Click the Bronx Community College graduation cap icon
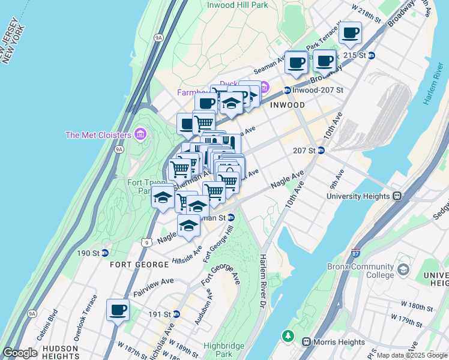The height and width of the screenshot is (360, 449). click(403, 270)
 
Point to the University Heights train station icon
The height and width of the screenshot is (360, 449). click(397, 196)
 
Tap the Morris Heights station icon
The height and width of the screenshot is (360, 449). click(306, 342)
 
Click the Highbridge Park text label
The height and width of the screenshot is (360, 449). click(222, 350)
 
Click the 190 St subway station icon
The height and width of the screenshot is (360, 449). click(104, 253)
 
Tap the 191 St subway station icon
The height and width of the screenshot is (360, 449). click(176, 314)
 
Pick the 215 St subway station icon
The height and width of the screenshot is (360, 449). click(372, 55)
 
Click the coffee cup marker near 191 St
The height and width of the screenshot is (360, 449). click(118, 310)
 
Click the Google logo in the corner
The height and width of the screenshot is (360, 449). click(19, 353)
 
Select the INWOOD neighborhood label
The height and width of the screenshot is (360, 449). click(287, 104)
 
